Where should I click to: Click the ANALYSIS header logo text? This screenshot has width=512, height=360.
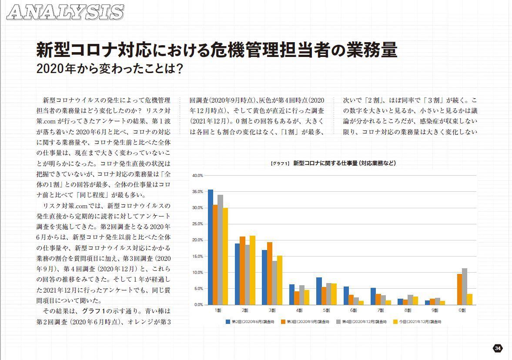click(66, 12)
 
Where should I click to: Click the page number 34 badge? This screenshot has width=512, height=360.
click(498, 348)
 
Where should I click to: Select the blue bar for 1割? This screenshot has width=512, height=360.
click(211, 247)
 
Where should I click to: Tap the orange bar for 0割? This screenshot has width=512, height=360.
click(459, 289)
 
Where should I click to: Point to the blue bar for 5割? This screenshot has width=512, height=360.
click(319, 291)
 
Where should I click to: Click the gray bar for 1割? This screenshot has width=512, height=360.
click(221, 250)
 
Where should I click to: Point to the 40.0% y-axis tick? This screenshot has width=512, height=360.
click(197, 176)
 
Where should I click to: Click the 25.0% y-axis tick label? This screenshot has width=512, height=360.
click(197, 224)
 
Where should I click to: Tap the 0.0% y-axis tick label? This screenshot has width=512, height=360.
click(198, 305)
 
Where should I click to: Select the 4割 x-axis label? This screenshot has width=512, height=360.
click(299, 310)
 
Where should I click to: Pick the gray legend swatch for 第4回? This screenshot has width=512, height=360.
click(338, 322)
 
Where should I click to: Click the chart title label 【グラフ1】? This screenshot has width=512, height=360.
click(280, 163)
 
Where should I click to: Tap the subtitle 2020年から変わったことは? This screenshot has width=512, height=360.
click(109, 69)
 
